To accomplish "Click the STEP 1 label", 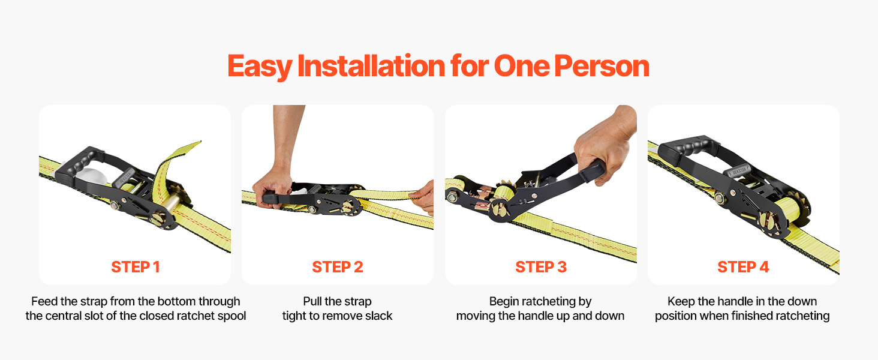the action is [x=135, y=267].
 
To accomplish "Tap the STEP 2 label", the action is [x=338, y=267].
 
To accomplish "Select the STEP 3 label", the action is [x=541, y=267].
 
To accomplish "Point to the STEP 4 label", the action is [x=743, y=267].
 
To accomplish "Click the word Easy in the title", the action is [x=260, y=67].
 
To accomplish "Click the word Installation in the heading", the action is [x=371, y=65].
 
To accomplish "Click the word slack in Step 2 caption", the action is [x=378, y=316].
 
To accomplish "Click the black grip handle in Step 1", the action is [x=79, y=165].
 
